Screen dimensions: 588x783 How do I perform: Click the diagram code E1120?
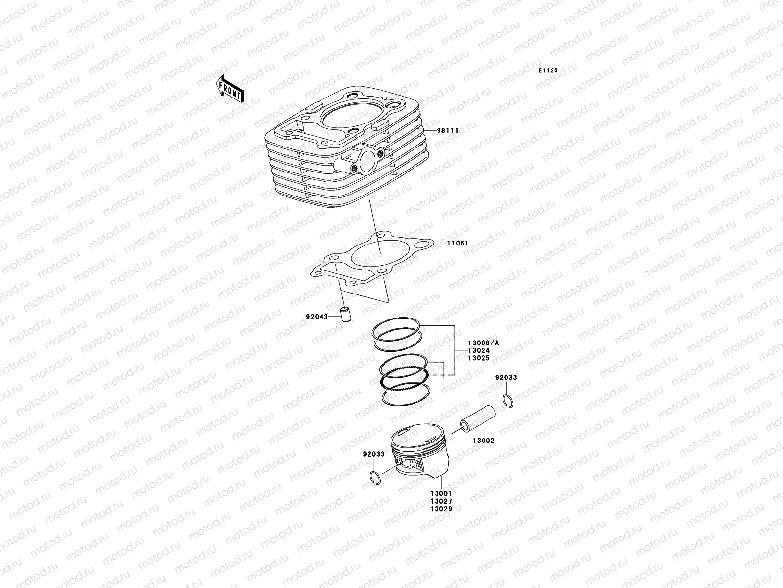click(548, 71)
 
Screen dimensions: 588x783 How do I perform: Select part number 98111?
click(448, 117)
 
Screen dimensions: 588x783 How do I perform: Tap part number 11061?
click(458, 243)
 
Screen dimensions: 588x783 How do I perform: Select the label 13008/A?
click(483, 343)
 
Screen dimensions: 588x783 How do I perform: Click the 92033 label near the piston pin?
click(506, 378)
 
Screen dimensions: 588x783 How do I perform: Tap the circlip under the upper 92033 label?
click(508, 400)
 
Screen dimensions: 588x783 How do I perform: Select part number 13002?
click(484, 441)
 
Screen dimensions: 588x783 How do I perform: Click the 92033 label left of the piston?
click(374, 454)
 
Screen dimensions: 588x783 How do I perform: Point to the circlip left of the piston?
click(374, 478)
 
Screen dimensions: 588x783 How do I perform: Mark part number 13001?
click(441, 494)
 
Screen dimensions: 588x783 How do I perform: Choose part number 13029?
click(441, 509)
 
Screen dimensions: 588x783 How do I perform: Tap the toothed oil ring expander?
click(405, 379)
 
